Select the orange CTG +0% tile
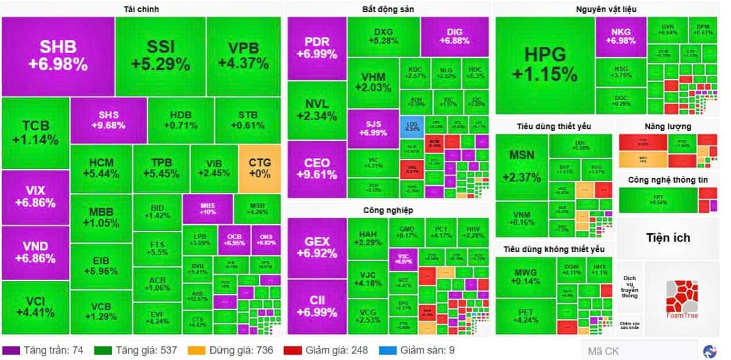click(260, 169)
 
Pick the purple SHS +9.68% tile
click(108, 120)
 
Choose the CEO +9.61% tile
click(317, 169)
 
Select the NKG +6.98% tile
click(621, 36)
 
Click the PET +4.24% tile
click(525, 316)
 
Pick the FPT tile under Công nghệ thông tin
click(658, 199)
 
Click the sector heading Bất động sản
click(387, 9)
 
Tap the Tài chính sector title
click(141, 9)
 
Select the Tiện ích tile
click(668, 238)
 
